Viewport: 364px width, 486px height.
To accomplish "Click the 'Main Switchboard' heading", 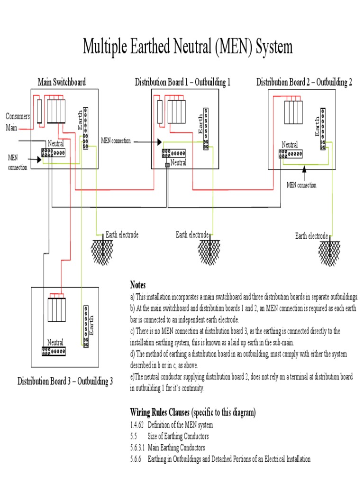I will point(62,82).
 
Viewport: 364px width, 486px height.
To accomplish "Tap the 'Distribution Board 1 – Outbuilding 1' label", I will point(182,82).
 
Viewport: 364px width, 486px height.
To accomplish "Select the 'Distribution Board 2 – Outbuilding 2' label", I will point(304,82).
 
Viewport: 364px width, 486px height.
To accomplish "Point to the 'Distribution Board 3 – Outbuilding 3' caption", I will point(65,381).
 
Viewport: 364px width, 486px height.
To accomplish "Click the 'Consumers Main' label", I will point(18,122).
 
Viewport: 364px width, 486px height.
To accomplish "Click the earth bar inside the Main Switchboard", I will point(85,128).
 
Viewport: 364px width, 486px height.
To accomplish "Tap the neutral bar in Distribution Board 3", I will point(54,351).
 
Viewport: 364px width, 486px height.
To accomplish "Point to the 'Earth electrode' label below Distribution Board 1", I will point(192,234).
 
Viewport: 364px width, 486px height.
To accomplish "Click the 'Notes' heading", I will point(138,285).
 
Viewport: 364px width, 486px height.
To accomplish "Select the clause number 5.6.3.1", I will point(138,447).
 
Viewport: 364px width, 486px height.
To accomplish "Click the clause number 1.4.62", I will point(136,424).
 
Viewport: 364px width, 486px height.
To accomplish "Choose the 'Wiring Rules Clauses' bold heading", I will point(160,412).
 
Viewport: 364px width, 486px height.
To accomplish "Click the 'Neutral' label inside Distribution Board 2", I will point(290,145).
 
